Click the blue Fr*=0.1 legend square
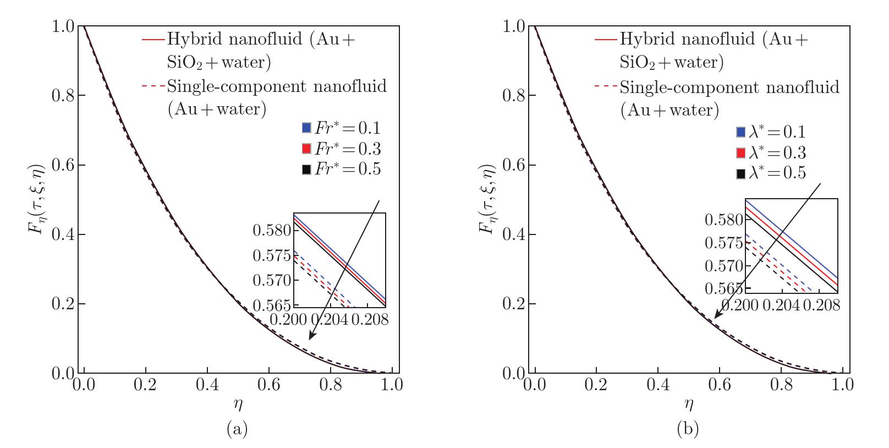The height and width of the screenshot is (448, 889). click(x=307, y=128)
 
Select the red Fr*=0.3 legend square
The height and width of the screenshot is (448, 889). click(x=307, y=149)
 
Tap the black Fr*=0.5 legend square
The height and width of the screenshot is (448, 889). click(x=307, y=170)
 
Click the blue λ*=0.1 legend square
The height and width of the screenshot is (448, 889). click(x=741, y=133)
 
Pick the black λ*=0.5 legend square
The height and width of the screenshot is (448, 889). click(x=741, y=174)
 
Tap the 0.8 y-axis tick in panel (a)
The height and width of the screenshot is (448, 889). click(x=64, y=96)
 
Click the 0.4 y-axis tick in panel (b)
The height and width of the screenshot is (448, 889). click(x=515, y=234)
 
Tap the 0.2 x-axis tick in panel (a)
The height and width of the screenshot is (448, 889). click(x=145, y=385)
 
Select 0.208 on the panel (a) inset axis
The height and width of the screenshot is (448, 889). click(x=369, y=320)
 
